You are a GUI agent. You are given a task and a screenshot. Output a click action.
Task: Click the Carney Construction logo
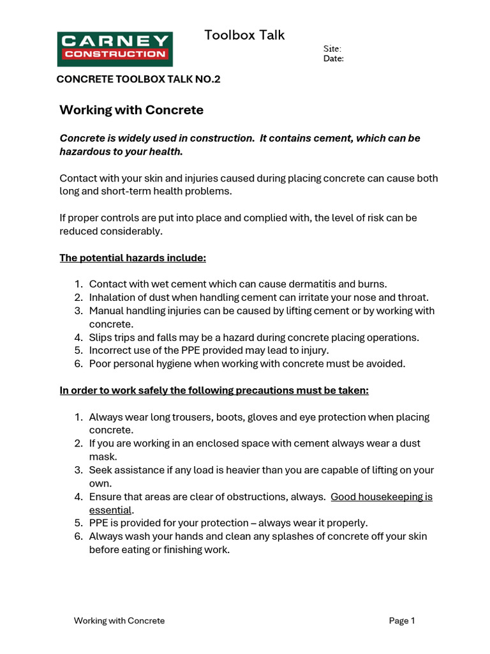(115, 49)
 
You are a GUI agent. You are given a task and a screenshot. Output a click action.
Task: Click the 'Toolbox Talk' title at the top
(244, 35)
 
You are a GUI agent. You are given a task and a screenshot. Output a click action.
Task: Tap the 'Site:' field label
(332, 49)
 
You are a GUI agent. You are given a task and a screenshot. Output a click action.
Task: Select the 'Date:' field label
(334, 59)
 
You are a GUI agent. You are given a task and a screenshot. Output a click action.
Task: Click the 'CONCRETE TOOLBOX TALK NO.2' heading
(138, 79)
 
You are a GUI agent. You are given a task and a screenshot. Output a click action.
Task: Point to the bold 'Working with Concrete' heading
(131, 110)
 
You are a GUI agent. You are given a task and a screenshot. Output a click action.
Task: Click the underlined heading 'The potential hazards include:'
(133, 258)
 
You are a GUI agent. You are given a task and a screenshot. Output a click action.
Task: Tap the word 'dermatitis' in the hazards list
(306, 284)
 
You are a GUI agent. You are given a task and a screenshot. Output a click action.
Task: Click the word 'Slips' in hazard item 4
(101, 337)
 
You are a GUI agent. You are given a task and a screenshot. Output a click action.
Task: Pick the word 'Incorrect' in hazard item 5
(110, 351)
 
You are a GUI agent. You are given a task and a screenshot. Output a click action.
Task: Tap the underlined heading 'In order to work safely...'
(214, 390)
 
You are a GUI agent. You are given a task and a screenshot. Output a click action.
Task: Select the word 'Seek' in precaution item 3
(100, 470)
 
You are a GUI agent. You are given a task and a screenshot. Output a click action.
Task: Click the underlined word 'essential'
(110, 510)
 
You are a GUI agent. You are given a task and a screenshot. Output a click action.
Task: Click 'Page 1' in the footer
(402, 620)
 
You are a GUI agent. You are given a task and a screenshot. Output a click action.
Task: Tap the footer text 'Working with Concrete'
(119, 620)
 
